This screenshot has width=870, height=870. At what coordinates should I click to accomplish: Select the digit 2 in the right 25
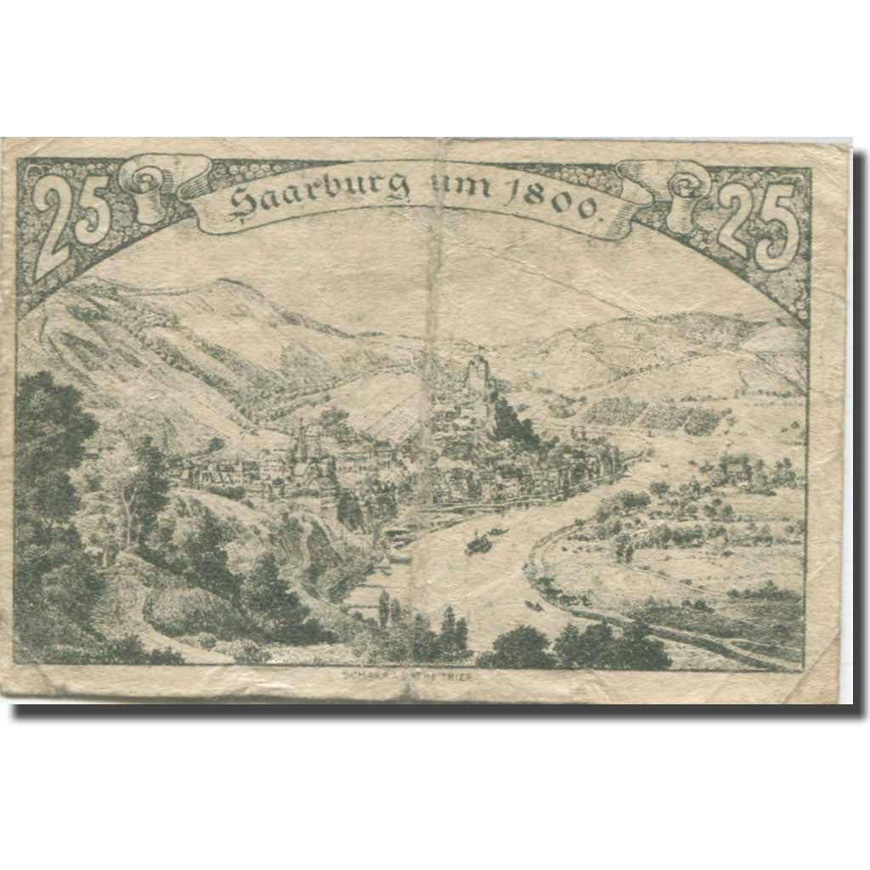click(737, 223)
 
